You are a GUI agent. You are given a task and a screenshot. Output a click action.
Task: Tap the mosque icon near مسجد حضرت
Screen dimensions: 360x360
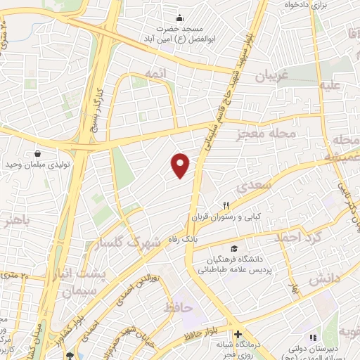click(x=181, y=18)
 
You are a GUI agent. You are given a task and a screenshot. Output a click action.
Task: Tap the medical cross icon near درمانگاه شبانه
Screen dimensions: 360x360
click(x=238, y=334)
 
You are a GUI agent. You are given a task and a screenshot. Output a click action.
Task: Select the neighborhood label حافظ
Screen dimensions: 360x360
click(x=178, y=308)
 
